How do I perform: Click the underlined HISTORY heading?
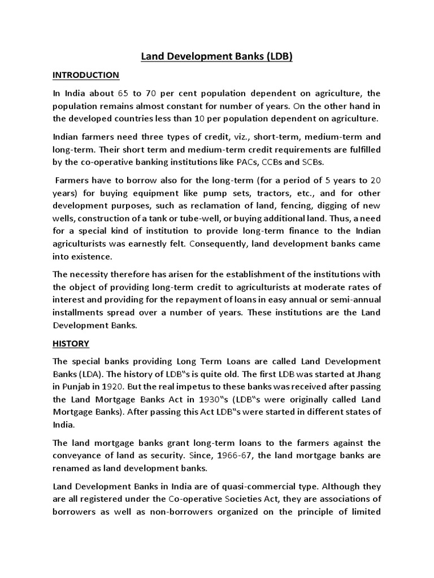click(x=71, y=343)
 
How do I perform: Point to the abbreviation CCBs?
click(x=288, y=163)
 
